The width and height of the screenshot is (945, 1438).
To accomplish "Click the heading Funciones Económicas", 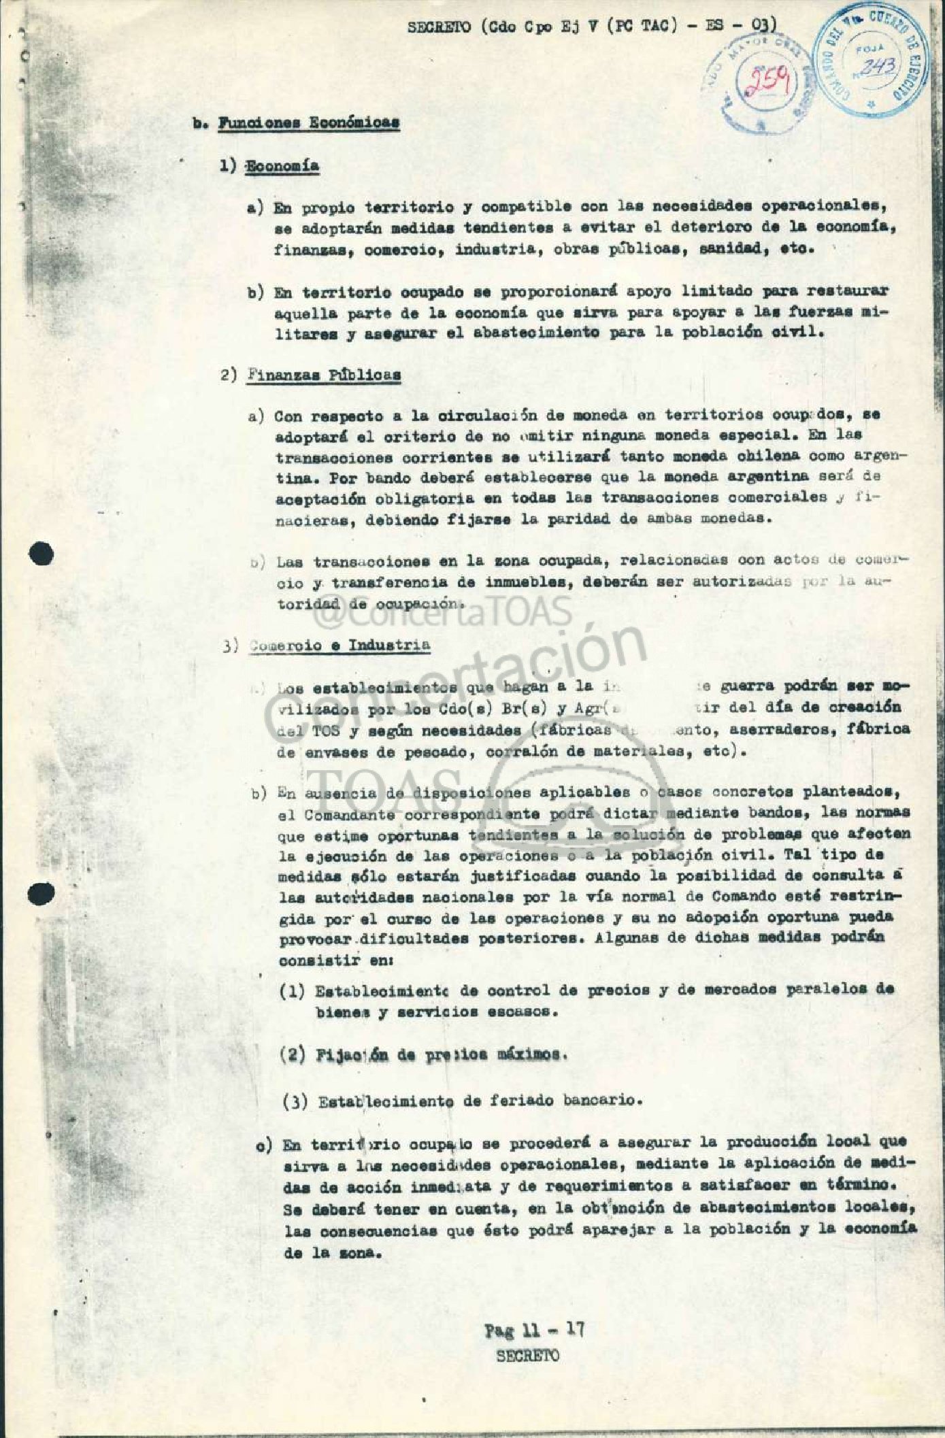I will pos(309,123).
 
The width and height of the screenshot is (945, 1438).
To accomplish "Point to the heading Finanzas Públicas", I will pos(323,375).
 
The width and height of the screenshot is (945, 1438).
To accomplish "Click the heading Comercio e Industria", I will pos(339,645).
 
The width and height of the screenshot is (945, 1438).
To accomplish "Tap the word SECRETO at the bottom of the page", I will pos(528,1355).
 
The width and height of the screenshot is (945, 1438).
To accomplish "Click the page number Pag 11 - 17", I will pos(534,1330).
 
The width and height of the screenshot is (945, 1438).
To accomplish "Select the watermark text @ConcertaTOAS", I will pos(442,613).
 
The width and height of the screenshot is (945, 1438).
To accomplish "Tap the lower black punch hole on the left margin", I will pos(42,893).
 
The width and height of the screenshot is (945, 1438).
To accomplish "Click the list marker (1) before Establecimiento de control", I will pos(293,991).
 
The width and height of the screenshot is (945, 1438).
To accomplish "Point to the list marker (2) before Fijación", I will pos(293,1055).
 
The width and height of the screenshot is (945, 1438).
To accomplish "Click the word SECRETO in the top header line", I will pos(439,28).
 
